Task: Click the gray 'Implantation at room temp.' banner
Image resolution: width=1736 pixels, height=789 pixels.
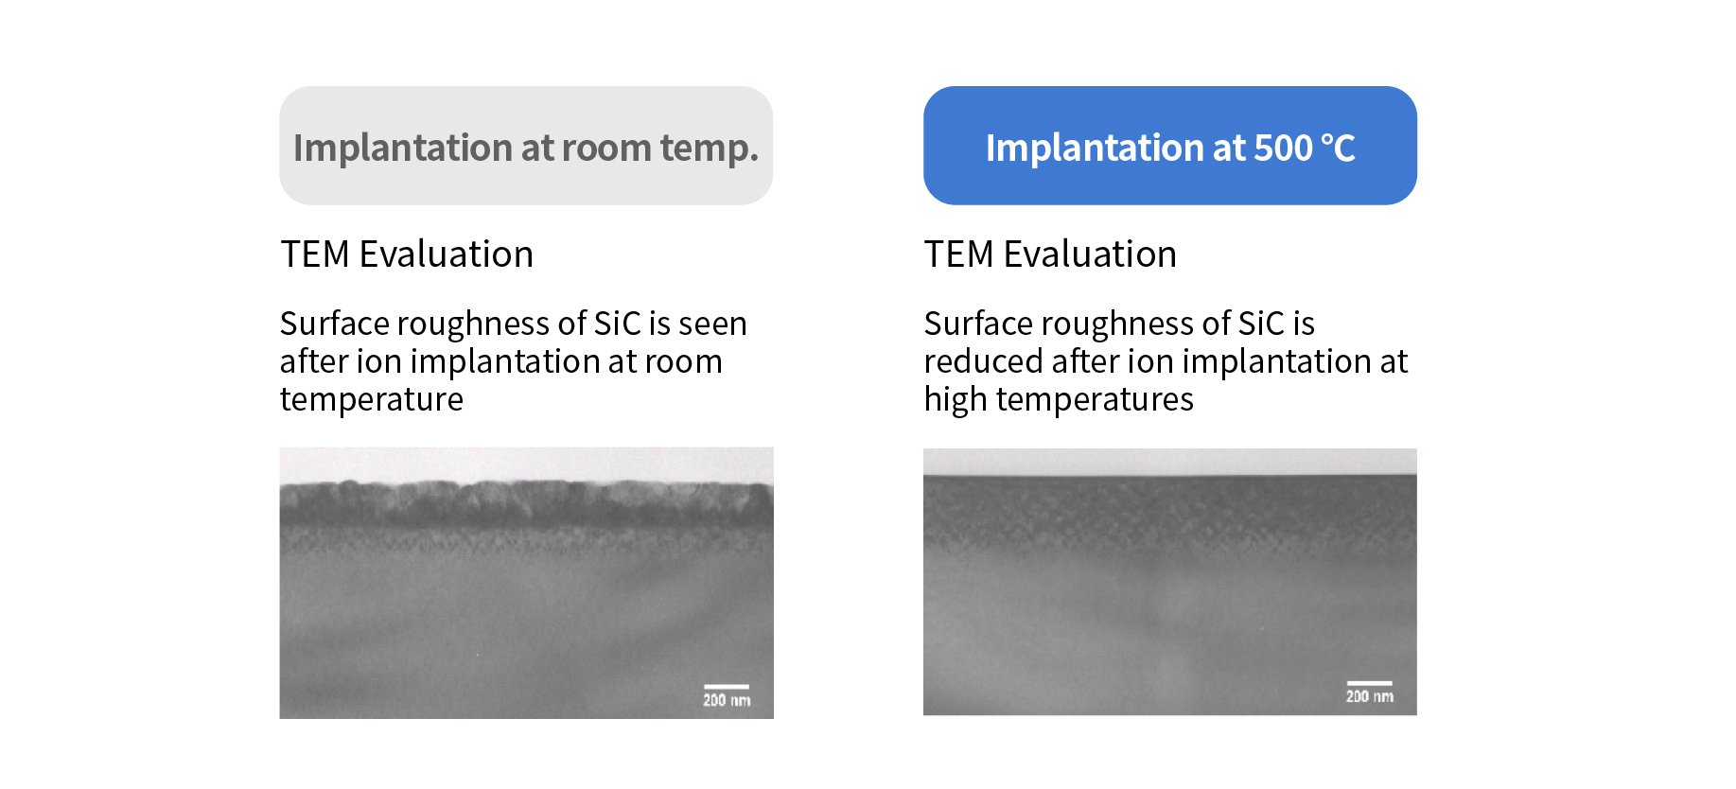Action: [x=526, y=146]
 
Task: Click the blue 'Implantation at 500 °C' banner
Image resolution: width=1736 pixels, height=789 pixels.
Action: [x=1169, y=146]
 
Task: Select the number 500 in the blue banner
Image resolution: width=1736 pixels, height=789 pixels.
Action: [x=1283, y=149]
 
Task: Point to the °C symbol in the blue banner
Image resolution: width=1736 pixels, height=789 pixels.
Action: [x=1338, y=149]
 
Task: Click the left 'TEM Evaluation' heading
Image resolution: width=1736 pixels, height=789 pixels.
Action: [x=407, y=254]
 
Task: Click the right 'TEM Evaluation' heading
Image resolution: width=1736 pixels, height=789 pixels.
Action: [x=1050, y=254]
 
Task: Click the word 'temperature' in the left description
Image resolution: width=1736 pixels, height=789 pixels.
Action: [x=372, y=400]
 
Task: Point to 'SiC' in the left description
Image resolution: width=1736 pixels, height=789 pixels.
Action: [x=617, y=324]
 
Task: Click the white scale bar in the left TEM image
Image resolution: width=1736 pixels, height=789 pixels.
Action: [x=726, y=687]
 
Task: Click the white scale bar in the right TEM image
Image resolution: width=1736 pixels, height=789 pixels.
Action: [x=1369, y=683]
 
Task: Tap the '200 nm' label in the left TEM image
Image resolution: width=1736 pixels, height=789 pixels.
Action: [x=727, y=701]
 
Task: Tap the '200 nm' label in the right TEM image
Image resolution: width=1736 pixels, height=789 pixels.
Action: [x=1370, y=697]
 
